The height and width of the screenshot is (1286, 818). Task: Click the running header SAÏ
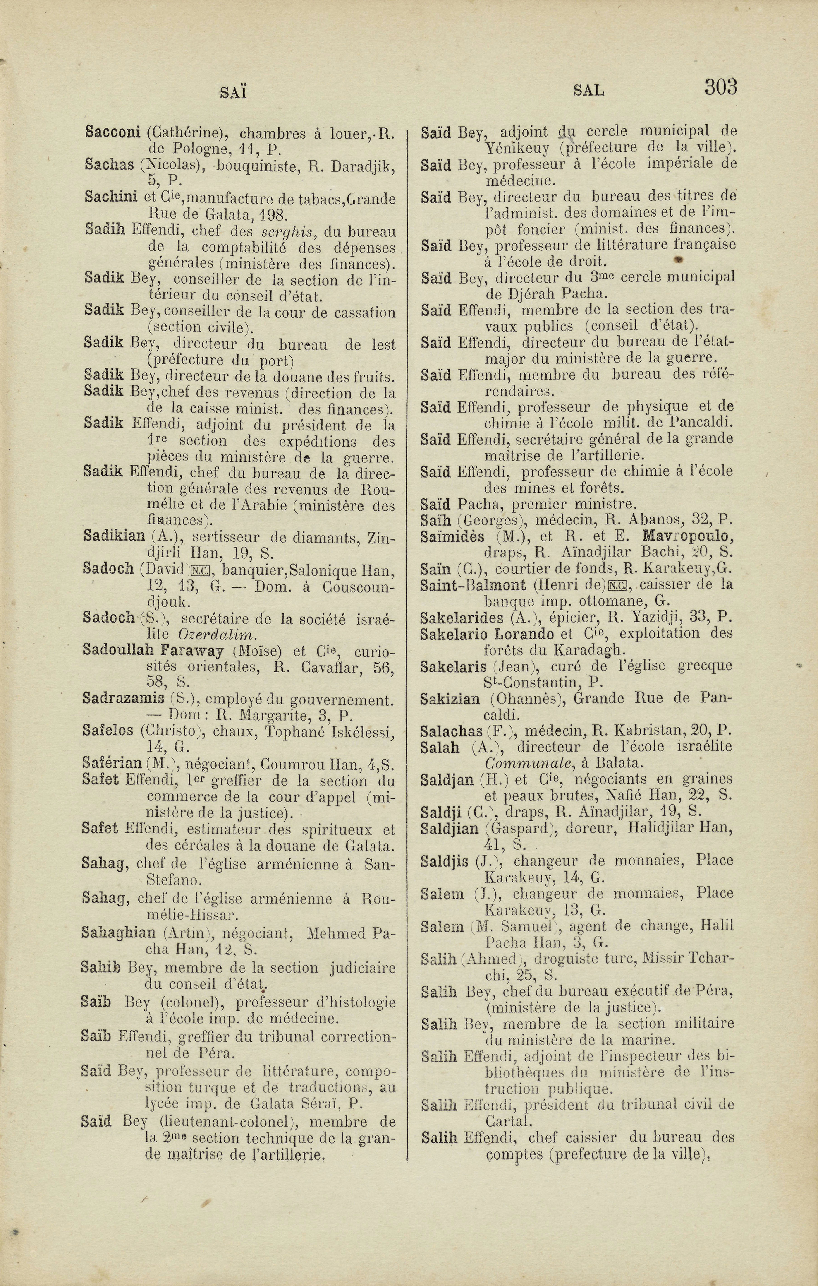click(x=233, y=93)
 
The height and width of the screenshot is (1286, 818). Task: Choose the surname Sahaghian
click(x=119, y=933)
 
